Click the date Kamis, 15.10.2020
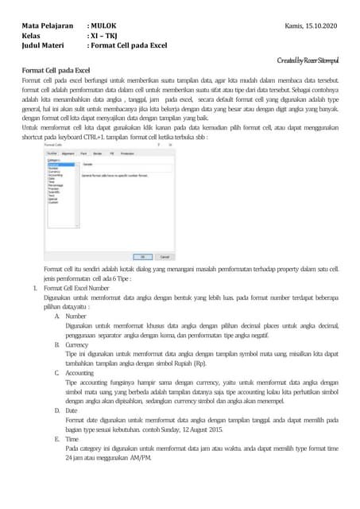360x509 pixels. click(311, 27)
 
